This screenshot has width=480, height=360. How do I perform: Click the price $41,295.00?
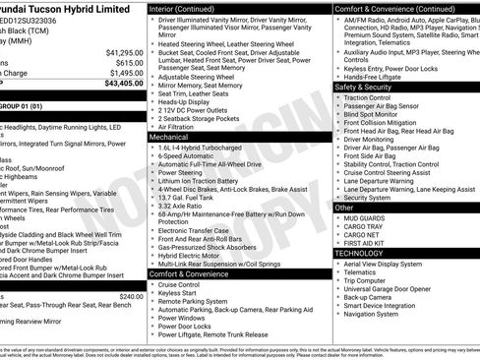124,51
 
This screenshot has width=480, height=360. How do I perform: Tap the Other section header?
344,208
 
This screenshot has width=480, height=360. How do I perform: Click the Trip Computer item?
365,280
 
